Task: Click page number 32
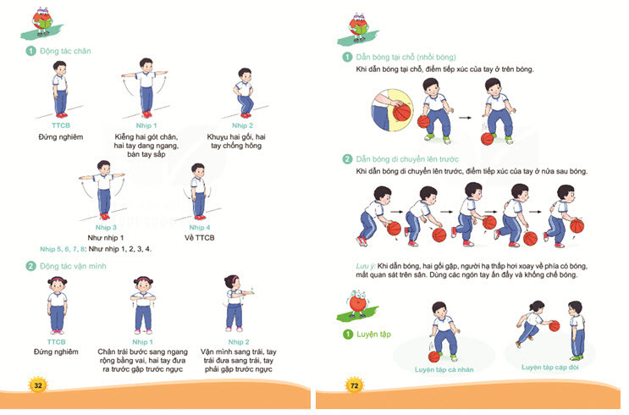38,385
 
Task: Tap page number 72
355,385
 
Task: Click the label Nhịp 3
106,228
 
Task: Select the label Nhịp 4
200,228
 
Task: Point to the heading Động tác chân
65,51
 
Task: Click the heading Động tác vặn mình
73,266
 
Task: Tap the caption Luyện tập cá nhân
444,369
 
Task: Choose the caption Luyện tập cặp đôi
550,368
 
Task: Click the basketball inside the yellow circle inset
401,113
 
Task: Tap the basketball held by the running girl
554,326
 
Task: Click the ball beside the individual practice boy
434,357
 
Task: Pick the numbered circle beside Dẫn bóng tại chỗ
347,57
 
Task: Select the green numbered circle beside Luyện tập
347,335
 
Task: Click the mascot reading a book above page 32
42,22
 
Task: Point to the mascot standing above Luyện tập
357,304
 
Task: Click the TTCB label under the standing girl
56,342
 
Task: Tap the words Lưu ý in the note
366,266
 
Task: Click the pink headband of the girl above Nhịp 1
143,278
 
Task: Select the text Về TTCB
200,238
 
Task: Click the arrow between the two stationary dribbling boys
465,118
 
